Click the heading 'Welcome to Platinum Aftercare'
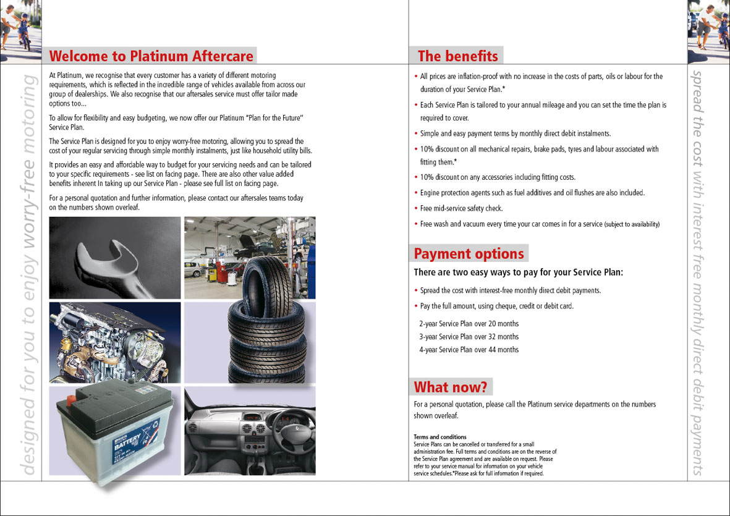tap(151, 56)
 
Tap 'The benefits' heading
tap(457, 56)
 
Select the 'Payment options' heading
tap(469, 254)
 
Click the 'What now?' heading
tap(451, 387)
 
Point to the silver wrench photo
tap(114, 257)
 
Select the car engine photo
tap(114, 342)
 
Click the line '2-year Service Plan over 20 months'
tap(469, 324)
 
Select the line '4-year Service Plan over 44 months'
tap(469, 350)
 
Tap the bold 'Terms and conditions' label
tap(440, 437)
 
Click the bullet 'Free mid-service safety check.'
tap(461, 209)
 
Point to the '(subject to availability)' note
tap(632, 224)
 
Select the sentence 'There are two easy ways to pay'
tap(518, 273)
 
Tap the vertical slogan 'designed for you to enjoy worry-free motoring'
tap(28, 272)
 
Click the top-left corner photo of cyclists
tap(20, 28)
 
